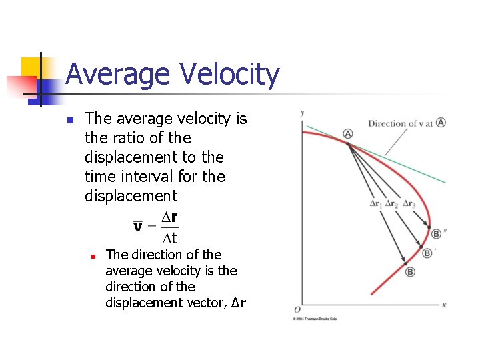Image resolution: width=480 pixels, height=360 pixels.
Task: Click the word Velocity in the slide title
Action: point(226,75)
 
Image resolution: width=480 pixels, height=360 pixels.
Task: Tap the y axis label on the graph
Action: point(302,113)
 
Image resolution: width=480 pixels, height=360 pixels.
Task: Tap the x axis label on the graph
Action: point(443,305)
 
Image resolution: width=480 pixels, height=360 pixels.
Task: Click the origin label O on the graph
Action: point(297,309)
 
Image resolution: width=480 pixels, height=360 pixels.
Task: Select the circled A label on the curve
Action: point(348,134)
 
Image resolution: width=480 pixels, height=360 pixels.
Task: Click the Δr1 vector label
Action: point(376,204)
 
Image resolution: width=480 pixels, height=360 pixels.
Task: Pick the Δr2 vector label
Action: point(392,204)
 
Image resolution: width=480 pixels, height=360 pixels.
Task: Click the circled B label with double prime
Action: point(437,234)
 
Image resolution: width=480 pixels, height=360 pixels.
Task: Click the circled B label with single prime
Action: point(428,253)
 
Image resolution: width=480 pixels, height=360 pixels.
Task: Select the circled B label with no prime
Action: point(410,272)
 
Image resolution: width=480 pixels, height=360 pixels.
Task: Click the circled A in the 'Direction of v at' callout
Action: point(441,123)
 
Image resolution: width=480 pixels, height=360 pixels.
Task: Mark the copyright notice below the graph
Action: point(315,319)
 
